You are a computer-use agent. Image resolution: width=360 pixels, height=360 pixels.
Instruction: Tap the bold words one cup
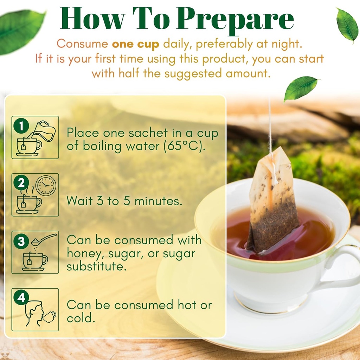click(135, 44)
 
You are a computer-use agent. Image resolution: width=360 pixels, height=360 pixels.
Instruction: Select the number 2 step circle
click(21, 183)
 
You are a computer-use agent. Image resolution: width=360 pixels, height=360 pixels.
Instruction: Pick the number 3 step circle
click(21, 241)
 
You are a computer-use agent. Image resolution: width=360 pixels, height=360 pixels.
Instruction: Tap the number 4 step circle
click(21, 298)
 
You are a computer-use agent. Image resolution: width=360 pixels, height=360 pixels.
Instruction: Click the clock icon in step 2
click(46, 185)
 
